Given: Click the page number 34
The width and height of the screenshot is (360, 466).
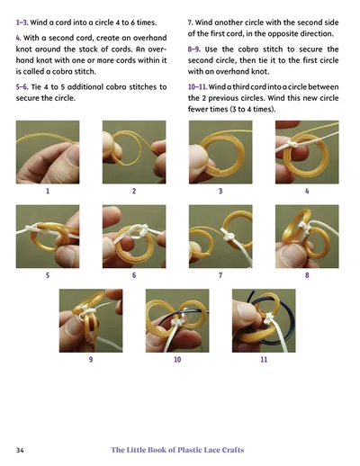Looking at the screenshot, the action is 20,450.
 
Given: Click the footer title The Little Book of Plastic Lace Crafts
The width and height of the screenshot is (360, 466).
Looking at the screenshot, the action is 177,450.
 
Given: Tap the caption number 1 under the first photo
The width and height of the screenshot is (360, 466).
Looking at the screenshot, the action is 48,191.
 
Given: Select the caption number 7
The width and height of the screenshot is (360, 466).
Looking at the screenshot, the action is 220,275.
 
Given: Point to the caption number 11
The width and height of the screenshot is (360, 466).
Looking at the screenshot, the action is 264,359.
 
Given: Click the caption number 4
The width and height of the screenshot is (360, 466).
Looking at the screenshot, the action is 307,191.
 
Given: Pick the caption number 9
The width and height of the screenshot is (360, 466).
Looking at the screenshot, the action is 91,359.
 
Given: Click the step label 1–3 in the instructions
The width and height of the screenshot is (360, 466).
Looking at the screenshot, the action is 22,22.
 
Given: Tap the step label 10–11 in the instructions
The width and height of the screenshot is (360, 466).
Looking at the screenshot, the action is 197,87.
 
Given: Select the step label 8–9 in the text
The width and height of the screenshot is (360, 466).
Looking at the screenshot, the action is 194,49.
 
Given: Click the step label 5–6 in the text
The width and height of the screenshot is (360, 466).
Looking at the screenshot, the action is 22,87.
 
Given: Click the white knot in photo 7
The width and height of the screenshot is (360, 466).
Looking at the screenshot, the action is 228,235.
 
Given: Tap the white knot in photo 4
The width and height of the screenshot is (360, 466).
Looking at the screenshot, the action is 292,144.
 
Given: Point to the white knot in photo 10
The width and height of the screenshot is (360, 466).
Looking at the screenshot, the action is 176,323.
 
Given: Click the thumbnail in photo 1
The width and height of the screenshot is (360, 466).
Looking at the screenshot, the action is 72,157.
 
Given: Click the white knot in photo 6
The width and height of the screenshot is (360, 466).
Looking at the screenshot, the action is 141,229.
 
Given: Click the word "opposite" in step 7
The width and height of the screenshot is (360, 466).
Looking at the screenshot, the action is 284,34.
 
